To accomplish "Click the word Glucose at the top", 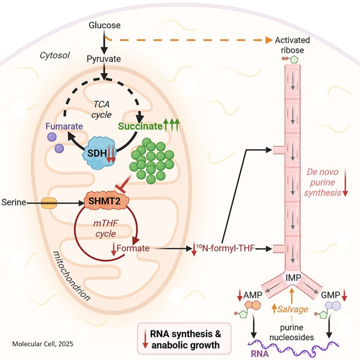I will (105, 25).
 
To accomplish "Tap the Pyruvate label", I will (104, 59).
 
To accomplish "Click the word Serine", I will (14, 202).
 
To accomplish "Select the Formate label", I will (133, 249).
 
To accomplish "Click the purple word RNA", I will (260, 354).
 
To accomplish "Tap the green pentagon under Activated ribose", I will (294, 59).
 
